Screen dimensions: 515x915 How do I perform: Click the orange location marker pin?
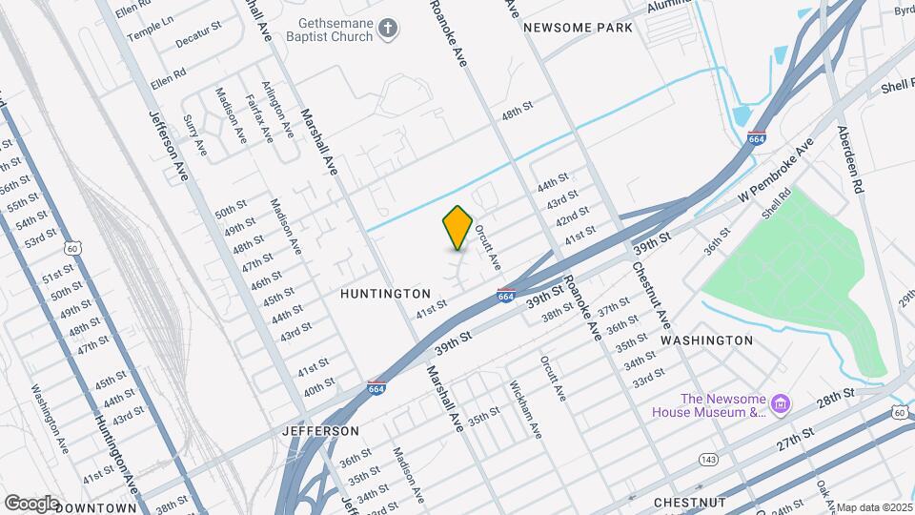[x=458, y=227]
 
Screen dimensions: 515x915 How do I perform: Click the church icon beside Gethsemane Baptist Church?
[x=387, y=28]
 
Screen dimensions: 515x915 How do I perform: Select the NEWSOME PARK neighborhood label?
[x=578, y=28]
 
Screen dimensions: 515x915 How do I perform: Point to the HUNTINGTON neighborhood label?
[x=385, y=294]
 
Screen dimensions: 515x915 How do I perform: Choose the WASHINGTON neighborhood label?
[x=706, y=340]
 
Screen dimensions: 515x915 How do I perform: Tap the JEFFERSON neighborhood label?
[x=319, y=431]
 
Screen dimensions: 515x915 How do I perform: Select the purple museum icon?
[x=781, y=405]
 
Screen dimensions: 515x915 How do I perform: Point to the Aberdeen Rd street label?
[x=849, y=160]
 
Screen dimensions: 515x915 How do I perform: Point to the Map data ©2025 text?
[x=874, y=507]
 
